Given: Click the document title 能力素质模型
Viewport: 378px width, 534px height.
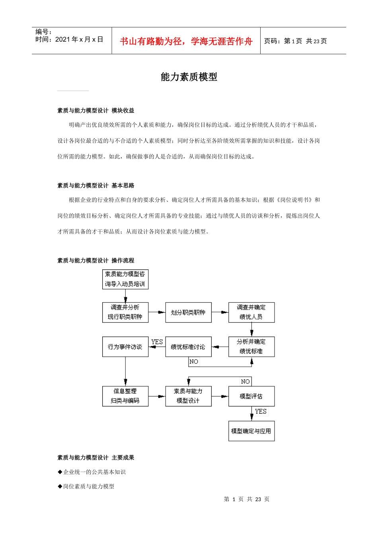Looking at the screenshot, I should [189, 77].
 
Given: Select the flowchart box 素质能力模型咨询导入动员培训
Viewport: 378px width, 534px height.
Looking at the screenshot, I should [125, 279].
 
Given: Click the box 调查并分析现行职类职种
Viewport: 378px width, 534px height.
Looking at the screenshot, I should [125, 312].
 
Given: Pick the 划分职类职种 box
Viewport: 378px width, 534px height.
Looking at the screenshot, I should [188, 312].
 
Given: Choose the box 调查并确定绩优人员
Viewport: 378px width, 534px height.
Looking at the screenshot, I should [251, 312].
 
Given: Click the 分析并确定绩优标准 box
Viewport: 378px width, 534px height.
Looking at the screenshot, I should [251, 346].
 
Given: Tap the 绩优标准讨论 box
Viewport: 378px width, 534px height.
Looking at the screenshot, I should [188, 347].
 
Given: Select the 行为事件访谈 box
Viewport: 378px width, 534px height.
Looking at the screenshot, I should [125, 347].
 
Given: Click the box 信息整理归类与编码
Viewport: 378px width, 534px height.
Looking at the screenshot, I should [125, 396].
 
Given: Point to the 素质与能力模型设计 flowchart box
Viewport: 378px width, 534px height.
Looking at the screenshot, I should [188, 396].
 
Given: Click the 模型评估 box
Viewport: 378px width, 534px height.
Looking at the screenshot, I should [251, 396].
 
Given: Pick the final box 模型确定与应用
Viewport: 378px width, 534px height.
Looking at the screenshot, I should [251, 431].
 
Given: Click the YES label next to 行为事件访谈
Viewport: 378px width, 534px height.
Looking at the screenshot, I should [157, 342].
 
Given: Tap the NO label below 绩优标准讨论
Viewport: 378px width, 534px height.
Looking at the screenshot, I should [194, 362].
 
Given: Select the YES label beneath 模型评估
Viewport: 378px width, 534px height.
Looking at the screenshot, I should [261, 411].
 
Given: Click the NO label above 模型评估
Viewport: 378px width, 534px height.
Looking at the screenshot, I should [246, 381].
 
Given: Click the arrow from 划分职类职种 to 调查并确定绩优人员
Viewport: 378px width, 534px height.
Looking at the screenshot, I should [220, 312].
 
